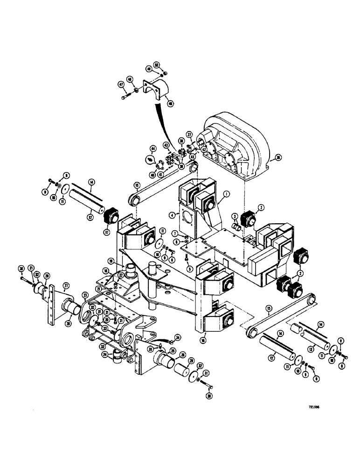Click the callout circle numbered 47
pyautogui.click(x=121, y=85)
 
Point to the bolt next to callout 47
pyautogui.click(x=128, y=97)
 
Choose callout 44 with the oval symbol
pyautogui.click(x=152, y=150)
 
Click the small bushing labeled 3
pyautogui.click(x=238, y=226)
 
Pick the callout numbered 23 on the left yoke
pyautogui.click(x=86, y=295)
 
